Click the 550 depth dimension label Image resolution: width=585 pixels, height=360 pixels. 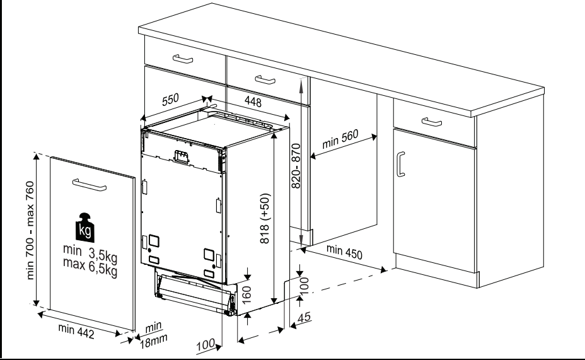(170, 100)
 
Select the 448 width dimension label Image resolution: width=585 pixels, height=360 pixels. (253, 102)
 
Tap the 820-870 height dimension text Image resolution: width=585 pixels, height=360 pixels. (296, 166)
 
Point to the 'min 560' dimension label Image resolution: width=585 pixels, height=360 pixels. (340, 139)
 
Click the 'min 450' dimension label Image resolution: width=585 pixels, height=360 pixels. (344, 252)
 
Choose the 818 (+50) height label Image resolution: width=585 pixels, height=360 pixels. (265, 218)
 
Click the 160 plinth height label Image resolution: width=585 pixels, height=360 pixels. (246, 294)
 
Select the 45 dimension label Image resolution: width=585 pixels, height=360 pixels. (304, 317)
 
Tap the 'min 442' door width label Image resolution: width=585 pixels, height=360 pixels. (76, 331)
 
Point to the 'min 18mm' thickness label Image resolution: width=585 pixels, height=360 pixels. (153, 335)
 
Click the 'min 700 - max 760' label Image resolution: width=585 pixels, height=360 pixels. (30, 230)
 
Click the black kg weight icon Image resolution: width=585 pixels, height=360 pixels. (84, 228)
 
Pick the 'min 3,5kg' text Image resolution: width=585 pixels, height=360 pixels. (90, 253)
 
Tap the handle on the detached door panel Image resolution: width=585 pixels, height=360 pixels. (90, 185)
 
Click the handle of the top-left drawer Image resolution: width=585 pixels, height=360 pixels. (183, 59)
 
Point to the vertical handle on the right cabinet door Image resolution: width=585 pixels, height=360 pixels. (401, 164)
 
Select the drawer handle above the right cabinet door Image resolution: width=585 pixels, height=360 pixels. (432, 122)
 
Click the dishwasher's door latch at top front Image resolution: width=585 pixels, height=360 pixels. (182, 157)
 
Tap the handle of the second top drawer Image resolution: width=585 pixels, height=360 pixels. (265, 79)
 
